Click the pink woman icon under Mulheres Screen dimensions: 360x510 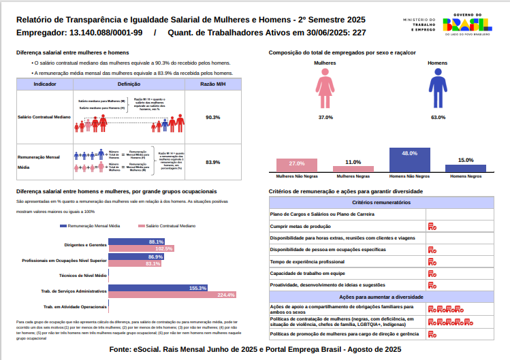click(325, 91)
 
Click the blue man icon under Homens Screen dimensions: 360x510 click(437, 91)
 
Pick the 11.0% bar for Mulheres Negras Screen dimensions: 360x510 click(353, 169)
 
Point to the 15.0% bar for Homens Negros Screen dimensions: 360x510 click(466, 167)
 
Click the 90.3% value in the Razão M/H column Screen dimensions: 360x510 click(212, 117)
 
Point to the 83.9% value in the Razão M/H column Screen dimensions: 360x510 click(212, 162)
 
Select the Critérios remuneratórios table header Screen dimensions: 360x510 click(381, 203)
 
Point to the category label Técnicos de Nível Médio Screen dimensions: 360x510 click(83, 276)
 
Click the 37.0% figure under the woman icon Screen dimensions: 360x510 click(325, 117)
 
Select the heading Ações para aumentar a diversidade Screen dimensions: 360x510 click(381, 297)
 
